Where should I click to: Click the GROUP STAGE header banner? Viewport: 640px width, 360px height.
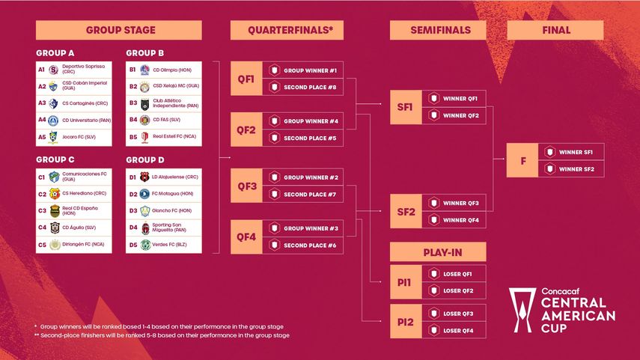click(119, 30)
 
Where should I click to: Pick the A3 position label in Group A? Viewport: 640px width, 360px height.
click(42, 103)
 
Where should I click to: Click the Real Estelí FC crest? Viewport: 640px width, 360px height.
click(145, 137)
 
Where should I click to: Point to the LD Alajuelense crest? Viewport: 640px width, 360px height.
click(145, 177)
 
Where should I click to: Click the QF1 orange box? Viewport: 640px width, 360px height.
click(246, 78)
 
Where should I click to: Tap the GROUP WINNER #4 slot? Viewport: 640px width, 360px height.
click(303, 120)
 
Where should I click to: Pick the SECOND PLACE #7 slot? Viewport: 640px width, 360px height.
click(303, 195)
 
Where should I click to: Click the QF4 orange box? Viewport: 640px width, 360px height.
click(246, 237)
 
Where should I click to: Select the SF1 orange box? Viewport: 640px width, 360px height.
click(405, 106)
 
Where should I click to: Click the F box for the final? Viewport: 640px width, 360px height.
click(522, 161)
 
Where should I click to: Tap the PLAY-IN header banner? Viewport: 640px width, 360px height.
click(437, 251)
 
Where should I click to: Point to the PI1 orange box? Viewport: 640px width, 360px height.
click(405, 282)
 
